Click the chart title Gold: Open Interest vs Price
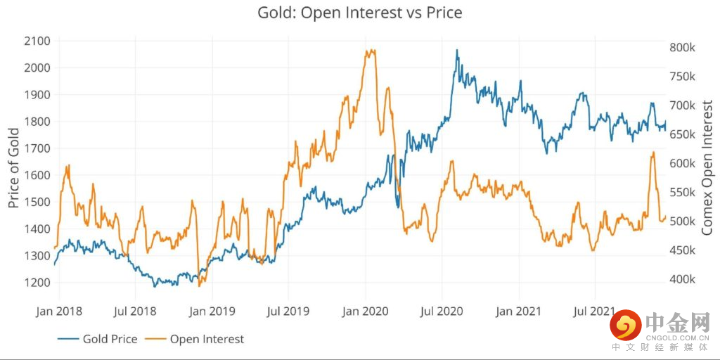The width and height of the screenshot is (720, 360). click(360, 13)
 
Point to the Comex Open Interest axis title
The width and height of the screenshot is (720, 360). click(707, 167)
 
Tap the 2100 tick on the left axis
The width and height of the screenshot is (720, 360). click(37, 41)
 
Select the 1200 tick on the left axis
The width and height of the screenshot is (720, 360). click(37, 283)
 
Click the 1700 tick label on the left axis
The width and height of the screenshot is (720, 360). click(37, 148)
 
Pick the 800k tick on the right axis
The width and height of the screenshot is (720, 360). click(683, 48)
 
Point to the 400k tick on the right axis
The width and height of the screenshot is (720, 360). click(683, 280)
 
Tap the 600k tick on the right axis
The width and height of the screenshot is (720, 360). click(683, 164)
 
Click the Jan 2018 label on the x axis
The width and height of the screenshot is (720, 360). click(59, 310)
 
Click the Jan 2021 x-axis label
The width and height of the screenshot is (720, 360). click(519, 310)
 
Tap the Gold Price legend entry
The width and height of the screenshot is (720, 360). click(110, 339)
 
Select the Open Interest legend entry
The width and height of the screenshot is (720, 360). click(207, 339)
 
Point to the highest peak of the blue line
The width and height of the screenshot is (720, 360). click(457, 51)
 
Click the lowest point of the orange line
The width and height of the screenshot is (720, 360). click(200, 285)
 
